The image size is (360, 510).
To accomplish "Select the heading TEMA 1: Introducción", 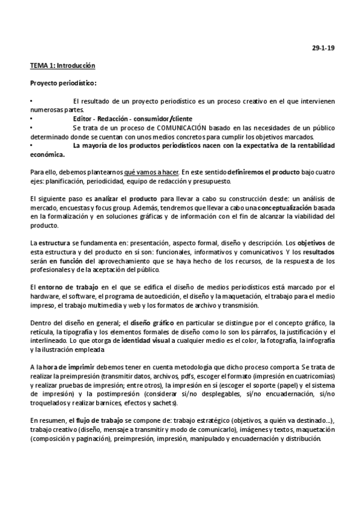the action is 63,64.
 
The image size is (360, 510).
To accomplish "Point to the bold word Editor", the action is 84,118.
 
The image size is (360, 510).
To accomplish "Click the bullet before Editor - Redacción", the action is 32,118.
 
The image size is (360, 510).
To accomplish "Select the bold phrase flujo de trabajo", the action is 97,420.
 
